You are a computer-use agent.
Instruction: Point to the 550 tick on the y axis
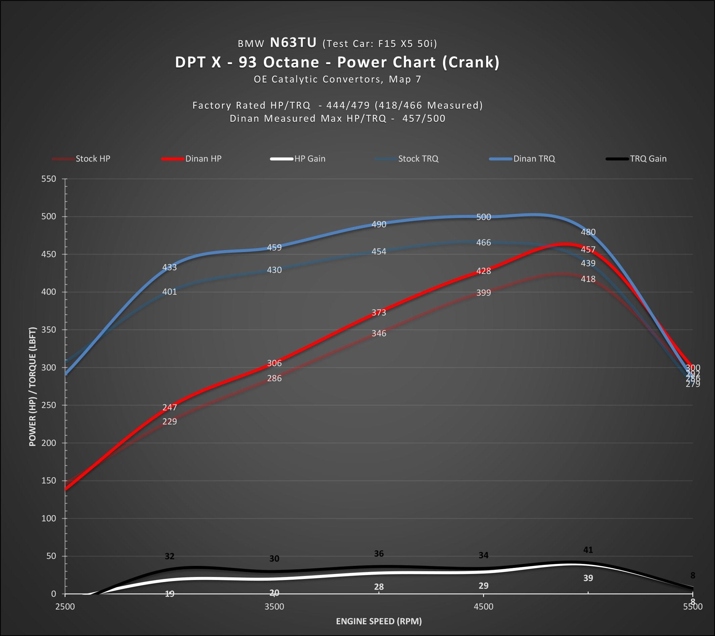49,179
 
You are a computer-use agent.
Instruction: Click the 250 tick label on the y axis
49,405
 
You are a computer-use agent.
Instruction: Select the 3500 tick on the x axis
274,606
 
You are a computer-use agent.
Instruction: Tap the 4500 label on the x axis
483,606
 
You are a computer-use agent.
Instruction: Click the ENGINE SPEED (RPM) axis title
379,621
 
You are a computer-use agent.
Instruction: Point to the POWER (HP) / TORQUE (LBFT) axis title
33,387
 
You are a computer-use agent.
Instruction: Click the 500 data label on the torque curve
483,217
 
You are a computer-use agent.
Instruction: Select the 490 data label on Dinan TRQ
379,224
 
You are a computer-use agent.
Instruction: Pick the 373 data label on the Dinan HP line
379,312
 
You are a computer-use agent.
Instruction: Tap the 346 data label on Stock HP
379,333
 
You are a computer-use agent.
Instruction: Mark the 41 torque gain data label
588,550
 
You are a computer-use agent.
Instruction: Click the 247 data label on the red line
170,407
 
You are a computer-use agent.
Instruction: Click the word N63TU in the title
293,43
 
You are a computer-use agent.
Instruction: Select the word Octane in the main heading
291,62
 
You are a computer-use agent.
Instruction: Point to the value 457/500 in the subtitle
424,118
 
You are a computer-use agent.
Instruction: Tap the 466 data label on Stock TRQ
483,242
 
